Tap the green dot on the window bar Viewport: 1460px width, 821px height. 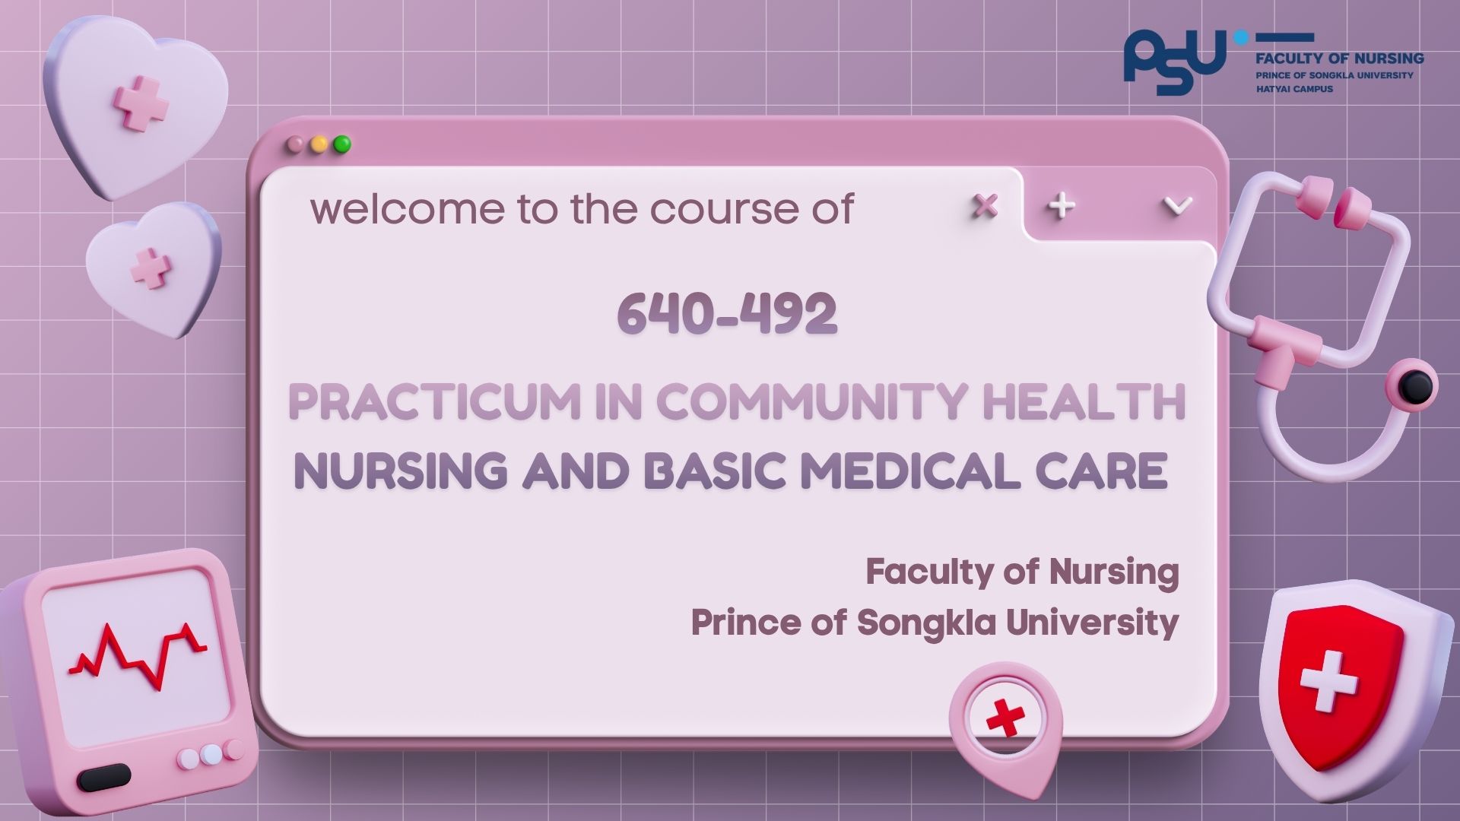[x=342, y=144]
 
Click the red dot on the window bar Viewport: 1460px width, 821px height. [x=294, y=144]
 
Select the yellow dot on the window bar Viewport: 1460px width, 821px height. [x=319, y=144]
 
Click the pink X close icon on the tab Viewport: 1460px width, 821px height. [x=985, y=205]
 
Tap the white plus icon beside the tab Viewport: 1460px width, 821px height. [x=1061, y=205]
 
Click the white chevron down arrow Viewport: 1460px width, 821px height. [x=1177, y=205]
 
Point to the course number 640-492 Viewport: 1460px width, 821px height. [x=727, y=313]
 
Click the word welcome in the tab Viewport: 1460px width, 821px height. [x=407, y=208]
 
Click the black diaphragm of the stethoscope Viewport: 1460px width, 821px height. [x=1415, y=386]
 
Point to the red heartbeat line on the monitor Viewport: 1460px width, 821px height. [x=138, y=655]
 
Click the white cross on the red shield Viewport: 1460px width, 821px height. [x=1328, y=680]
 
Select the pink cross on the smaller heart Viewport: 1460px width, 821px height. [x=151, y=268]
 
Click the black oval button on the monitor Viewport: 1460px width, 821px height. [x=104, y=778]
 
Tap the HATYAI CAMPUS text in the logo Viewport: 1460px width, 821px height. [x=1294, y=89]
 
